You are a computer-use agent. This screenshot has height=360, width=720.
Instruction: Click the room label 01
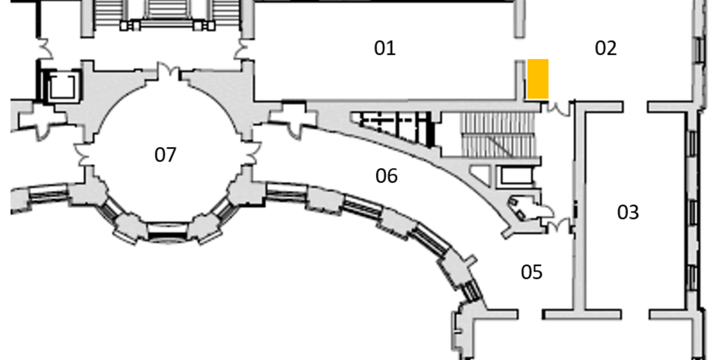coord(385,48)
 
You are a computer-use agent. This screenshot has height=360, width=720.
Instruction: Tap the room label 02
coord(606,48)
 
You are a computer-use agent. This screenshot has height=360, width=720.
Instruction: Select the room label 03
coord(628,212)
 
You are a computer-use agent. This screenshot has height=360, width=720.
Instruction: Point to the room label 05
coord(531,272)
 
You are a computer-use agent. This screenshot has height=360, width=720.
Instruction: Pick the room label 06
coord(386,176)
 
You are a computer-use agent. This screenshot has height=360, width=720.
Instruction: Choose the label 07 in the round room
coord(165,155)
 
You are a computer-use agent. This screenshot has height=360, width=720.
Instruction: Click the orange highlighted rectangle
coord(538,79)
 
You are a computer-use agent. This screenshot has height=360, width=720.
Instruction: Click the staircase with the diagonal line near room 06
coord(499,135)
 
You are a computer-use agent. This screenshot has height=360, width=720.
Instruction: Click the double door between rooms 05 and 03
coord(559,225)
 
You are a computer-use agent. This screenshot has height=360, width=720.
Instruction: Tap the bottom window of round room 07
coord(168,232)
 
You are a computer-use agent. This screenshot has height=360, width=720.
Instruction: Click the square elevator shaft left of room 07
coord(62,86)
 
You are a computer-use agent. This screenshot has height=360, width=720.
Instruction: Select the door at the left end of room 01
coord(243,49)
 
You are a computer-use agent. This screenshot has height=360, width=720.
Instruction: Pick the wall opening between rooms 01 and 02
coord(520,49)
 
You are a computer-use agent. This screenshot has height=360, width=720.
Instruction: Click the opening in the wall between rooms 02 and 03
coord(636,107)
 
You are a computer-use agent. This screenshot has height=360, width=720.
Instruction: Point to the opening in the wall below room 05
coord(530,314)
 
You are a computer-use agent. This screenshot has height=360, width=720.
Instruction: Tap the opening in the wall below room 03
coord(636,314)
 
